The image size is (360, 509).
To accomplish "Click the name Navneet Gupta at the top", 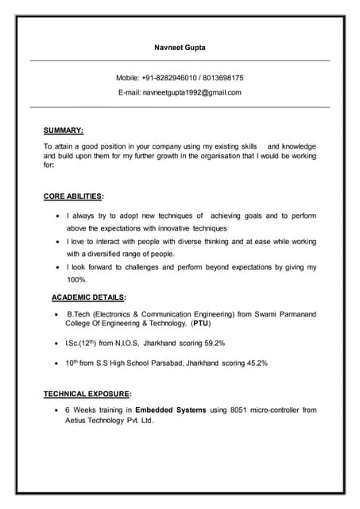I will click(x=180, y=48).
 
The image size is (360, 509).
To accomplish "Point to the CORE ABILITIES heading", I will click(x=73, y=196).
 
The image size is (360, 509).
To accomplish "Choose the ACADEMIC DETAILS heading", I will click(x=88, y=297).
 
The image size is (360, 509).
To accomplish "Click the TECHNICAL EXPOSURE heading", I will click(x=87, y=394).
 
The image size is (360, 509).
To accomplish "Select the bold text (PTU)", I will click(x=202, y=324).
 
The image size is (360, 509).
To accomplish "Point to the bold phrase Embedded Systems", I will click(x=170, y=410).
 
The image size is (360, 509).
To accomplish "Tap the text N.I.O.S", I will click(x=122, y=343).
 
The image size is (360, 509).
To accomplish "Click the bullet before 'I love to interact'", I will click(x=55, y=240).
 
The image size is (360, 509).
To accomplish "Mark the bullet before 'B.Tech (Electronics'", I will click(x=55, y=315).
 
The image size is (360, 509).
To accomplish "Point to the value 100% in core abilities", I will click(x=77, y=280).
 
